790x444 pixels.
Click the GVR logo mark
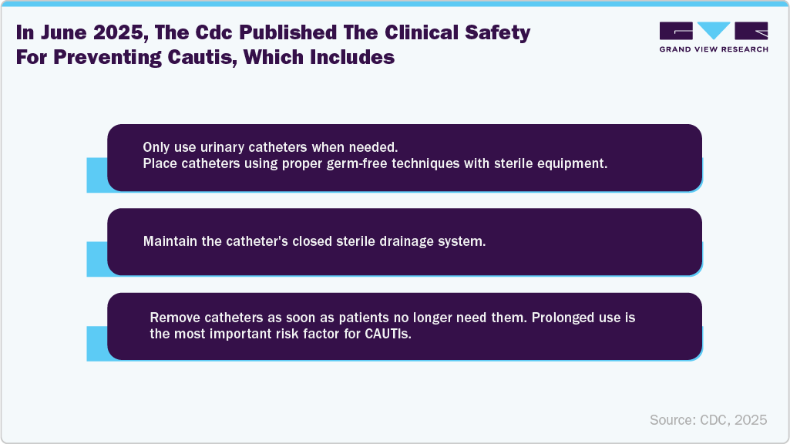[714, 31]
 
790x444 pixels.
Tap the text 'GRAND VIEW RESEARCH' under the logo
[714, 49]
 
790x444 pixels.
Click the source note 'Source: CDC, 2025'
[708, 419]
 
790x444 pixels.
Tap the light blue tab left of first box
[96, 174]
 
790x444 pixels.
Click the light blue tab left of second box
[96, 258]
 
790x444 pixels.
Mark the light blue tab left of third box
[96, 343]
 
